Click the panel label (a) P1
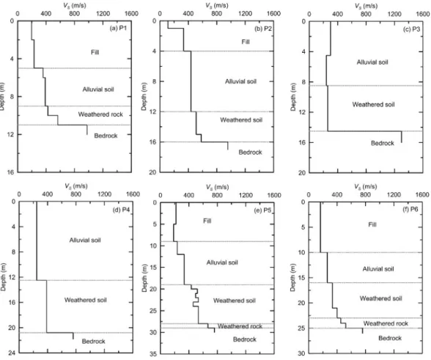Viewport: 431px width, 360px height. pyautogui.click(x=118, y=28)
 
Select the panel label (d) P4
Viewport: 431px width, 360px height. pyautogui.click(x=121, y=210)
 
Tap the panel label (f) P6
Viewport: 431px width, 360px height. pyautogui.click(x=410, y=209)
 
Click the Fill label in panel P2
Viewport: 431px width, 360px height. pyautogui.click(x=246, y=42)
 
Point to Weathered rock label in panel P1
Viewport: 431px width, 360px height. pyautogui.click(x=100, y=114)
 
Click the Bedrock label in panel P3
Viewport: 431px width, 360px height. pyautogui.click(x=383, y=143)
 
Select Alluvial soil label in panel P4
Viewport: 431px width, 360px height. pyautogui.click(x=85, y=240)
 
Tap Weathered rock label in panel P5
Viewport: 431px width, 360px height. pyautogui.click(x=240, y=326)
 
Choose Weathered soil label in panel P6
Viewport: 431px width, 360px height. pyautogui.click(x=380, y=298)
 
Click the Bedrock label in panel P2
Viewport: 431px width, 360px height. pyautogui.click(x=250, y=153)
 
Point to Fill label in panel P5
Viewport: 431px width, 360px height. pyautogui.click(x=207, y=221)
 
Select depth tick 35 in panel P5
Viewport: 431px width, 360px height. pyautogui.click(x=152, y=354)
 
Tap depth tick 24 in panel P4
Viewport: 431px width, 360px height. pyautogui.click(x=12, y=353)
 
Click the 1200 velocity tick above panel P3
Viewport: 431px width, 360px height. pyautogui.click(x=394, y=14)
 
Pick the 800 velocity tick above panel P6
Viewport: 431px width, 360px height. pyautogui.click(x=365, y=195)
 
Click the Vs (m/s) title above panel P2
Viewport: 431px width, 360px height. pyautogui.click(x=217, y=6)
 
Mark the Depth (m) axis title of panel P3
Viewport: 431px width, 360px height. pyautogui.click(x=293, y=97)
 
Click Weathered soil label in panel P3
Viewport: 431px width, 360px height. pyautogui.click(x=373, y=105)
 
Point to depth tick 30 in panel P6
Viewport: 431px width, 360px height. pyautogui.click(x=301, y=353)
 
